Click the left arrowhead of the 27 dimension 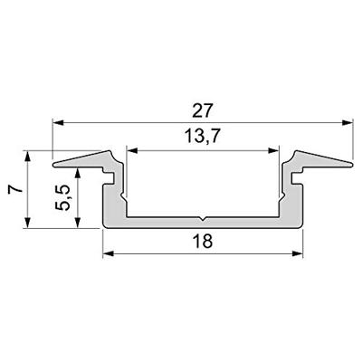pyautogui.click(x=56, y=121)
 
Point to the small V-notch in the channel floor pyautogui.click(x=203, y=218)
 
